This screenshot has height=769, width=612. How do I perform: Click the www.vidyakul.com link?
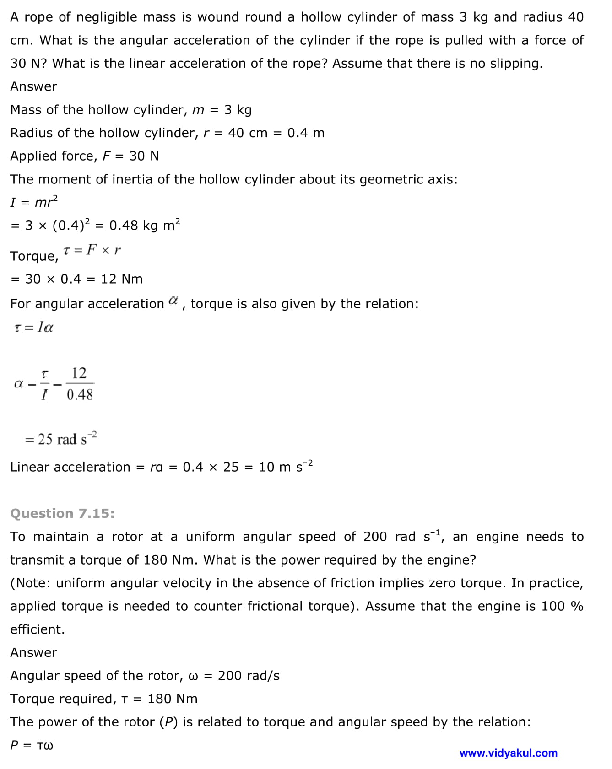508,753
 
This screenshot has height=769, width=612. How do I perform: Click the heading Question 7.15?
62,513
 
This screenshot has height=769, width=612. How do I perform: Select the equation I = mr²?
34,202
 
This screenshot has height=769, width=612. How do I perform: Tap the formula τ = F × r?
92,250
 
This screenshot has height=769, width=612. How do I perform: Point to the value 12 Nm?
122,279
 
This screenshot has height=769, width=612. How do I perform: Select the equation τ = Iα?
34,328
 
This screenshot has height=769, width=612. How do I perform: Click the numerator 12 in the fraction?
79,373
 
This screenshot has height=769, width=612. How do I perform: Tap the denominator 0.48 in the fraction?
80,394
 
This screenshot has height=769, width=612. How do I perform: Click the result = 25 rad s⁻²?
61,439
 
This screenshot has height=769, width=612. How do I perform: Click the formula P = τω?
32,745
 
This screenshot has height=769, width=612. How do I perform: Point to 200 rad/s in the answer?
249,676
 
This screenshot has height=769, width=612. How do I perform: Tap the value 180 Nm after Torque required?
173,699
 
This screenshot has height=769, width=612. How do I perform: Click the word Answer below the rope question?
33,86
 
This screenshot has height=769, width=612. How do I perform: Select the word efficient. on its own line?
38,629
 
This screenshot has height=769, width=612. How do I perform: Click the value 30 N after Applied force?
144,156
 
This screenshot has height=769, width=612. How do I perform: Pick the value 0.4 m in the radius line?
306,133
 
